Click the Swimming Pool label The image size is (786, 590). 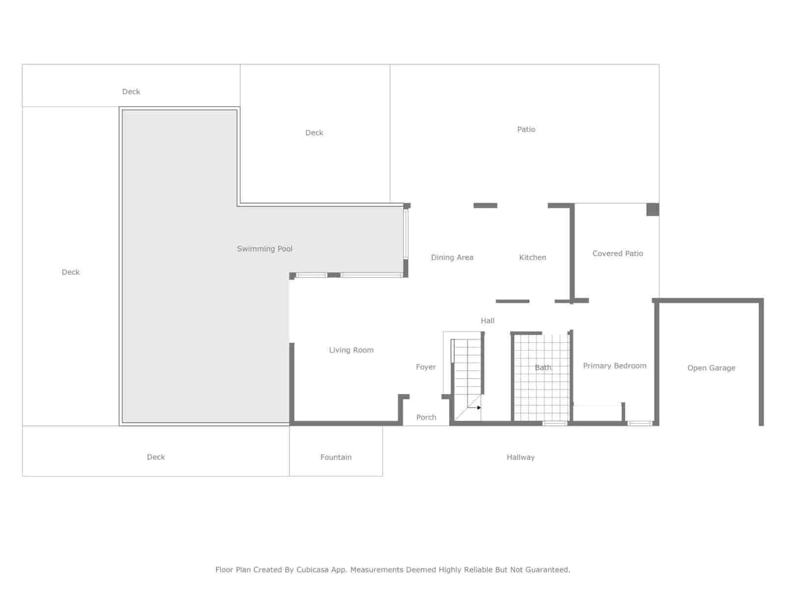[x=264, y=249]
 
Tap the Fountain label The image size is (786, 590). [x=336, y=457]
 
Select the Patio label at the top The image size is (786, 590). [x=526, y=129]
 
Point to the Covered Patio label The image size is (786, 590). [x=618, y=254]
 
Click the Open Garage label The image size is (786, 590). [x=711, y=368]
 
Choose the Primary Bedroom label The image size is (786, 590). [x=615, y=366]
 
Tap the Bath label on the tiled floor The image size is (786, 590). [x=543, y=367]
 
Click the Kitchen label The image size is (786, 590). [x=533, y=257]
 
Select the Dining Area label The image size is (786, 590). [x=452, y=257]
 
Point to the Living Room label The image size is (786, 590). [x=351, y=350]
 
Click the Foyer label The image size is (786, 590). [x=425, y=367]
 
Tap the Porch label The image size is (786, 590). [x=426, y=417]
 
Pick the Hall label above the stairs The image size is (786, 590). [x=487, y=321]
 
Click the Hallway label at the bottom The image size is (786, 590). [x=520, y=457]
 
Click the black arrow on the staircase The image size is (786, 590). [x=479, y=408]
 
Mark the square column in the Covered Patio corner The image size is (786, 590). [x=652, y=209]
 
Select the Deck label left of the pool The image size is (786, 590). [x=70, y=272]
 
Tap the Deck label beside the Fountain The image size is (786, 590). [x=156, y=457]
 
